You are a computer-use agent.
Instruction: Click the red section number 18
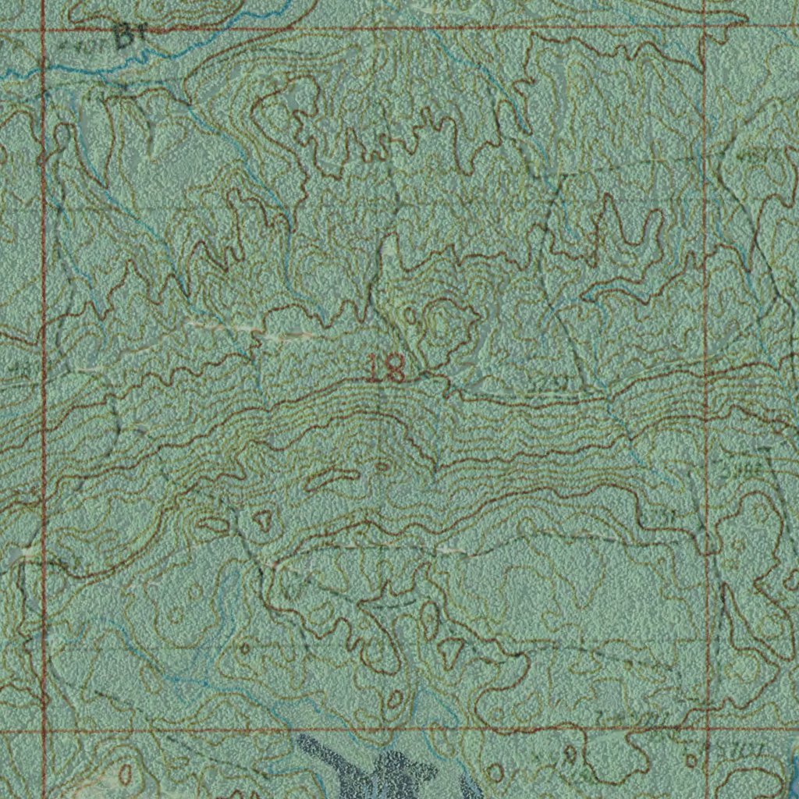(387, 368)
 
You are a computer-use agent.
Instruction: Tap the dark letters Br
(130, 35)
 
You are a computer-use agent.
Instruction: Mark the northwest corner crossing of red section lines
(45, 31)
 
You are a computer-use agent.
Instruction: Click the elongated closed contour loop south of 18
(333, 478)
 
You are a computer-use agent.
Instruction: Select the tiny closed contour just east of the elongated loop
(382, 466)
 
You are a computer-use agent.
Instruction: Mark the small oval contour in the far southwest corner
(125, 774)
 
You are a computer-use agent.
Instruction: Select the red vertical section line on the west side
(44, 390)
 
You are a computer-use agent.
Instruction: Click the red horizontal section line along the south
(375, 731)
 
